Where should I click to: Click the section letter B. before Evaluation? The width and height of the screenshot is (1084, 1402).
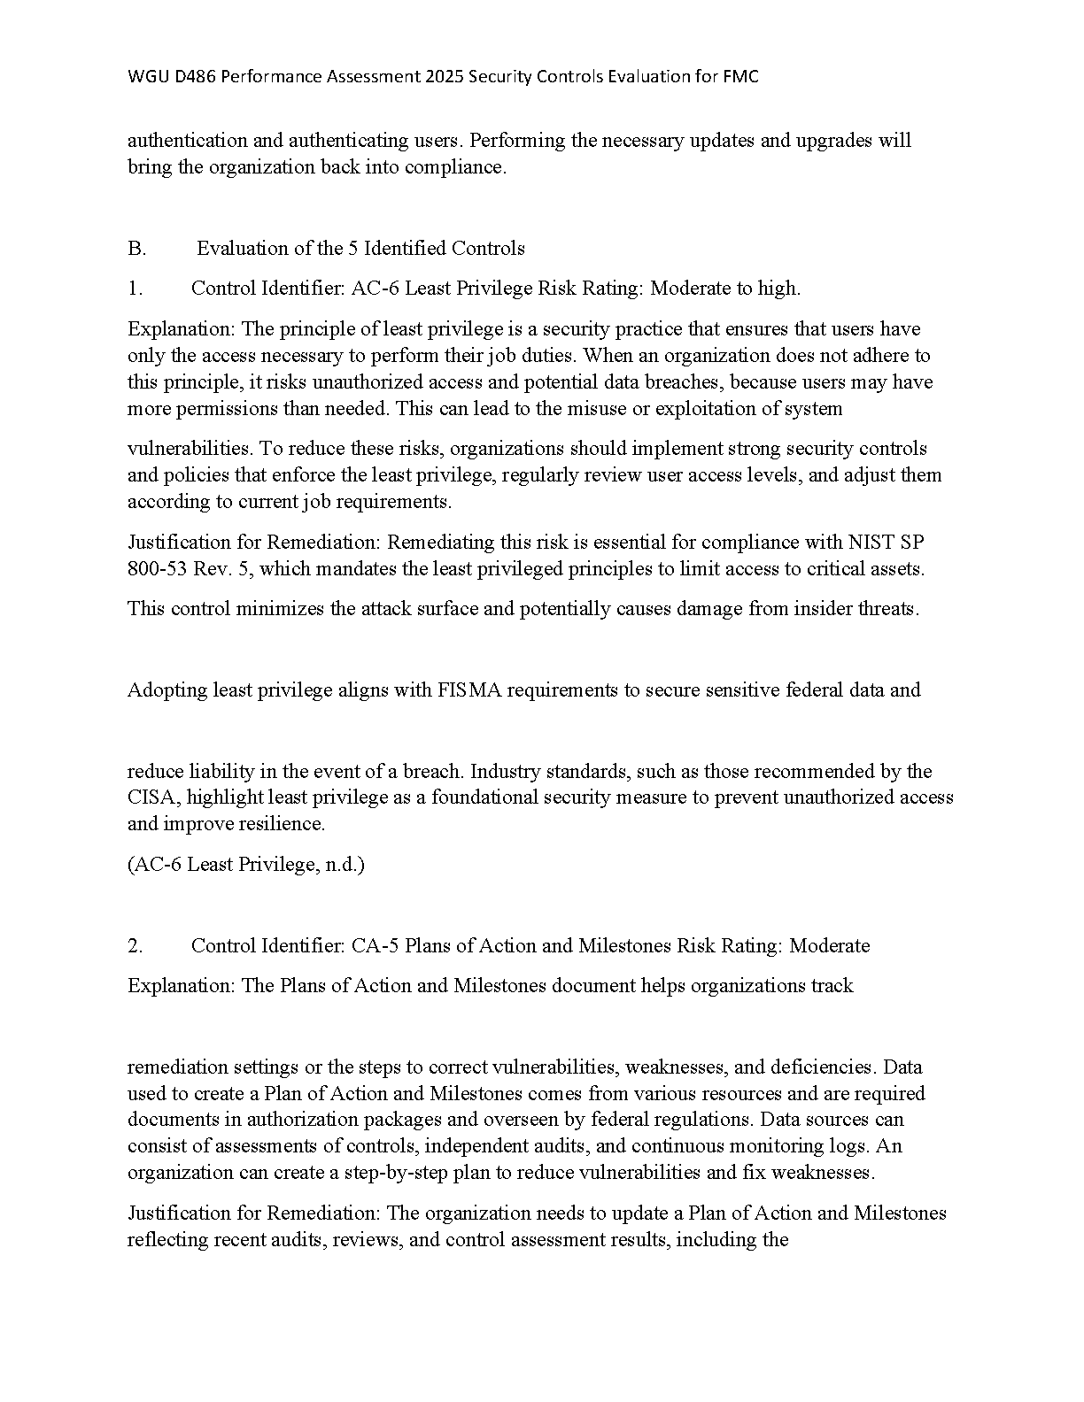coord(136,249)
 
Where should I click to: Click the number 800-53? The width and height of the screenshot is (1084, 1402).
coord(158,569)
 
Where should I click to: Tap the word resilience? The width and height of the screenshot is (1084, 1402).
coord(283,824)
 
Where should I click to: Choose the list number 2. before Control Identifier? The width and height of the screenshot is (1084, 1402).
coord(135,946)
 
